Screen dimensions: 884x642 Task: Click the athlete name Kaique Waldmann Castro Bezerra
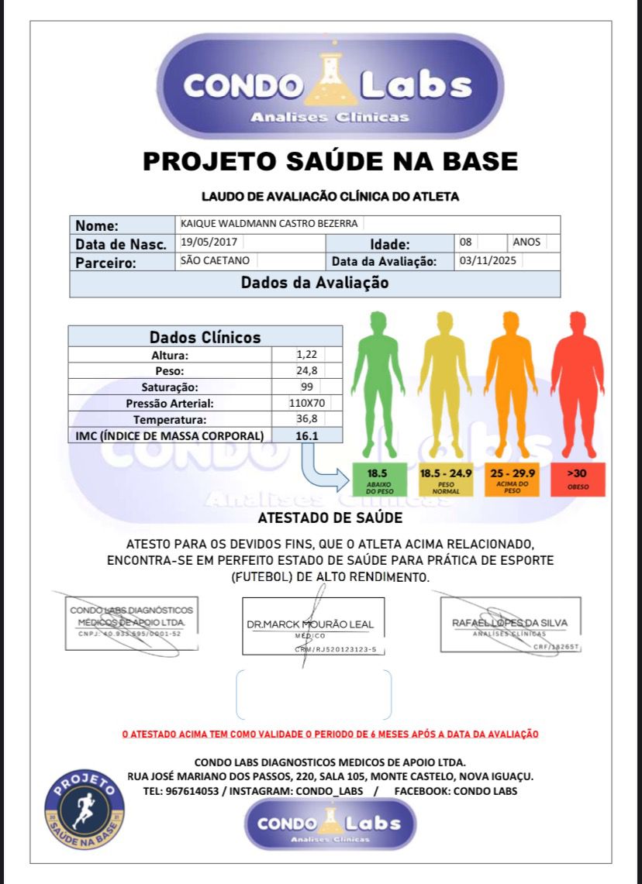coord(269,223)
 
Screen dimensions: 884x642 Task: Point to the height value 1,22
coord(306,355)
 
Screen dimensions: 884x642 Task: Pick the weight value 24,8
coord(306,370)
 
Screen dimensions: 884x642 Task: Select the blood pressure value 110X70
coord(306,403)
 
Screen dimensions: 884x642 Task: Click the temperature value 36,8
coord(306,419)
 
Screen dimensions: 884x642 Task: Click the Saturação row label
coord(170,387)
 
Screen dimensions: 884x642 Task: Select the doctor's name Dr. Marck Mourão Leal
coord(310,624)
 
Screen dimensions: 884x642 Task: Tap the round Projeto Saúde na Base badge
coord(85,810)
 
